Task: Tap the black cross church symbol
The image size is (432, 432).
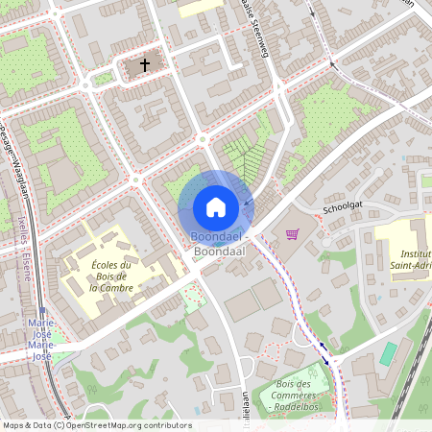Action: pyautogui.click(x=145, y=65)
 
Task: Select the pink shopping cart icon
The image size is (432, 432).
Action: pyautogui.click(x=292, y=233)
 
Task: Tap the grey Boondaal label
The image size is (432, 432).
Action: pyautogui.click(x=219, y=251)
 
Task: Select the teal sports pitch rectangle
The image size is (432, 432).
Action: pyautogui.click(x=387, y=353)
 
